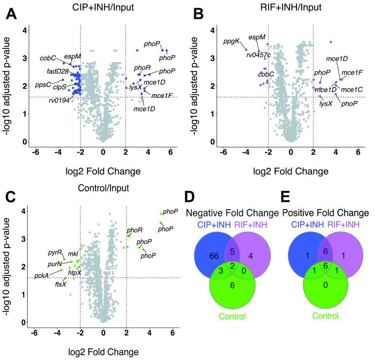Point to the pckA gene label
[41, 275]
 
